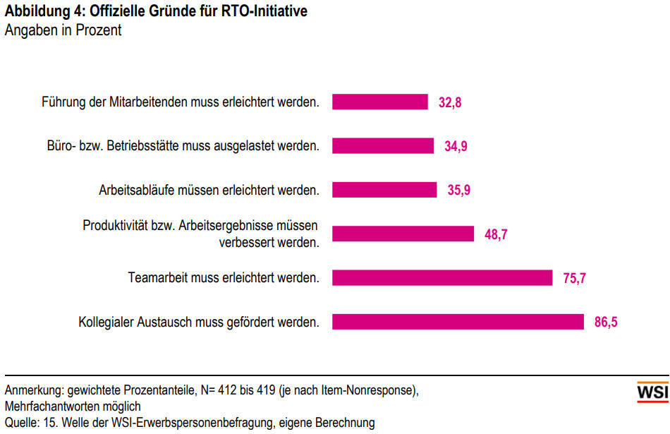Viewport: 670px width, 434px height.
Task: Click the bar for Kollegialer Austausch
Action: tap(458, 322)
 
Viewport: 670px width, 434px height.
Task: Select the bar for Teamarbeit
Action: tap(442, 278)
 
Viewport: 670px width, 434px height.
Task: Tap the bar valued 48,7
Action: tap(403, 234)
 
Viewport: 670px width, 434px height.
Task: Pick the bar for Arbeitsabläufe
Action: tap(384, 190)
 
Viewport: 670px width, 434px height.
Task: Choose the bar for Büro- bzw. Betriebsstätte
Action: tap(383, 145)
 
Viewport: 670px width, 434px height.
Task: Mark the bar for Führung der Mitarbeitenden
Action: tap(380, 102)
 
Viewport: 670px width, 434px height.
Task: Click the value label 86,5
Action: tap(606, 323)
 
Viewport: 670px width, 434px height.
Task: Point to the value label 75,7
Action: tap(574, 279)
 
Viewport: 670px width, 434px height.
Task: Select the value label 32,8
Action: tap(449, 102)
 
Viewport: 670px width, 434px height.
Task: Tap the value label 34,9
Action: tap(456, 146)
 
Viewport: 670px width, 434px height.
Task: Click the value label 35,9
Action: tap(458, 191)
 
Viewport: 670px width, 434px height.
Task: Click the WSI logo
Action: tap(652, 392)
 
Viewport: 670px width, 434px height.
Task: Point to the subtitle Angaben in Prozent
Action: tap(63, 30)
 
